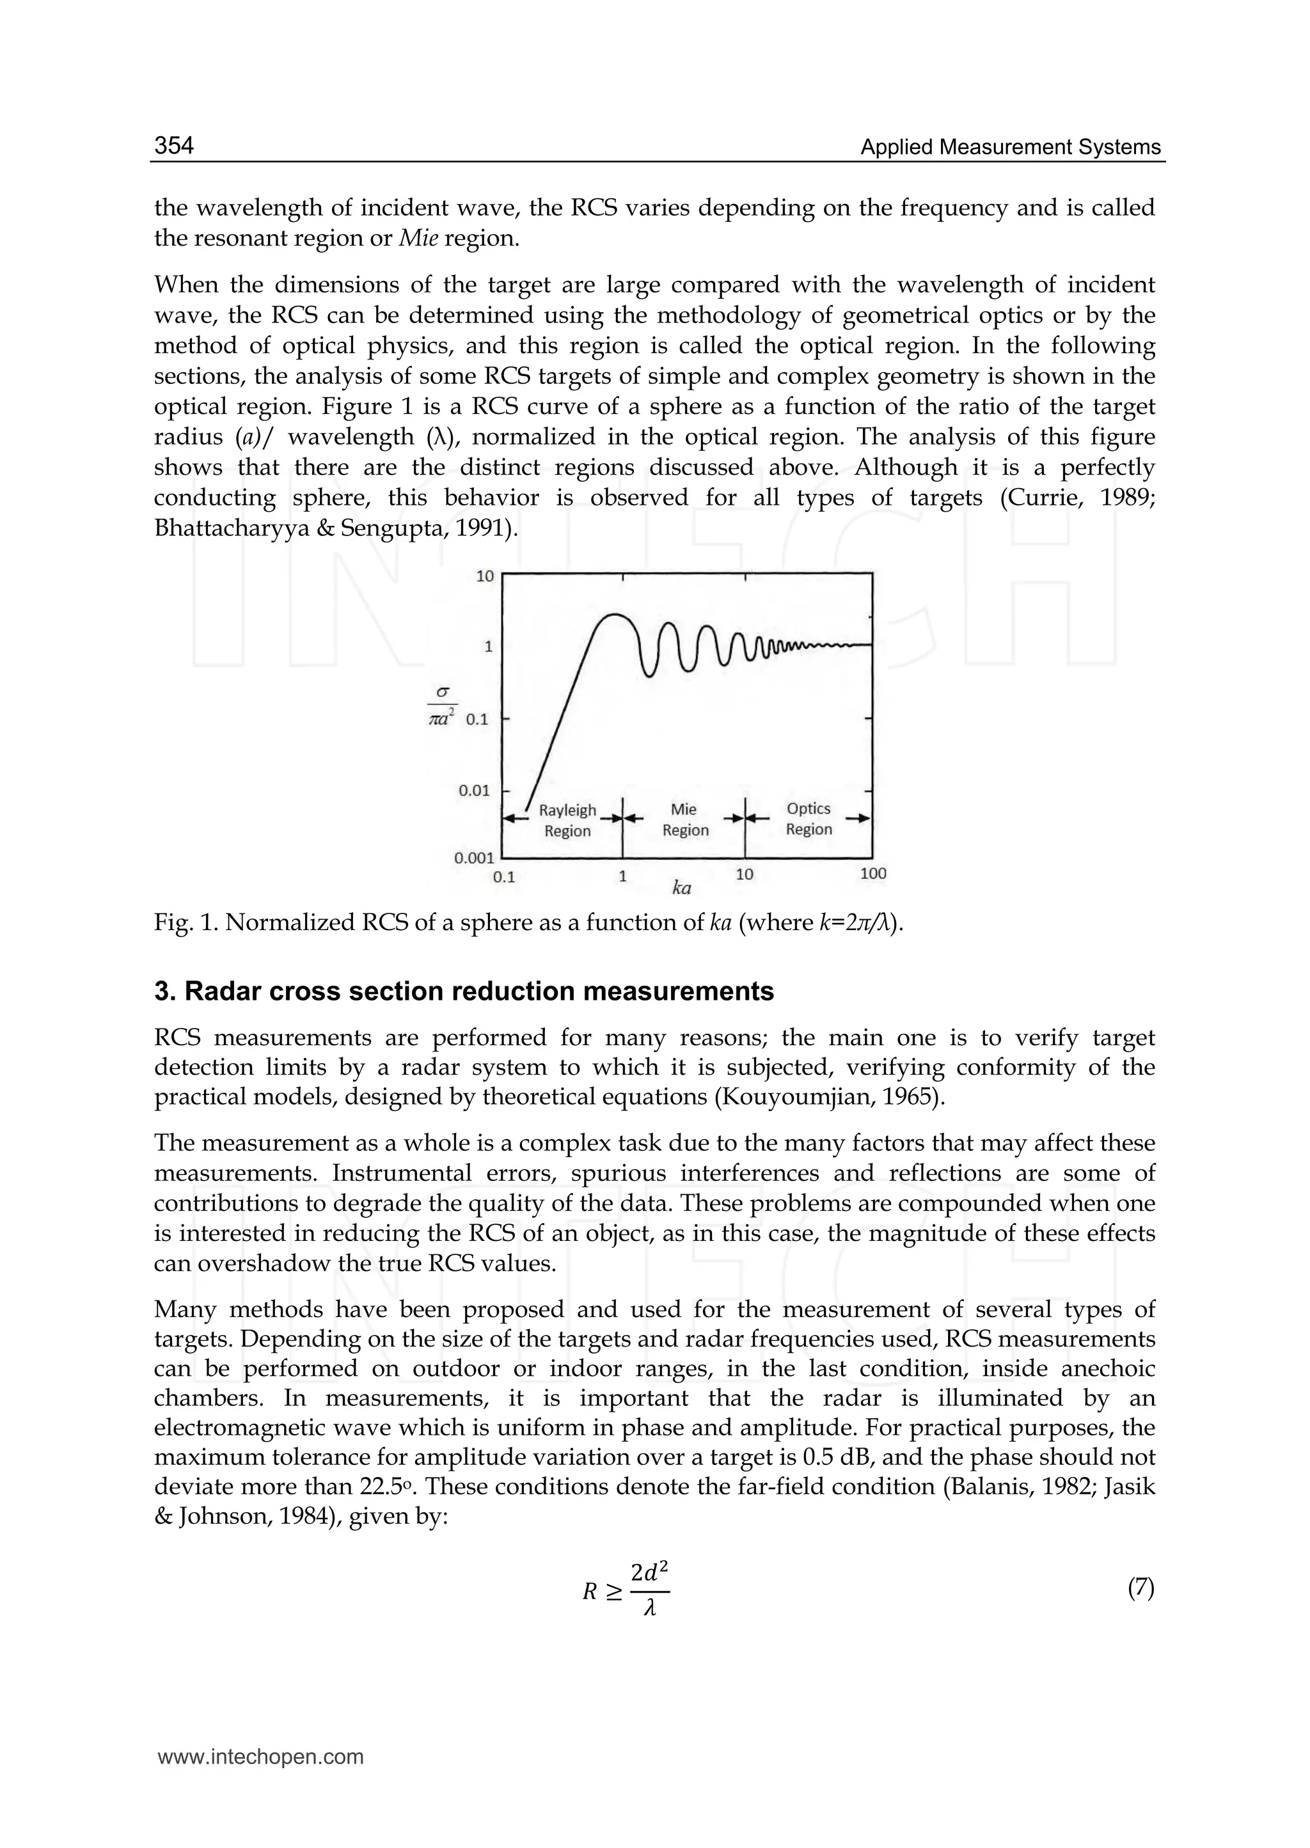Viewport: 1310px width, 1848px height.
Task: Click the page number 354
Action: (174, 145)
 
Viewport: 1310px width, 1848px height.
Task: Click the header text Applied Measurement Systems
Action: (1010, 147)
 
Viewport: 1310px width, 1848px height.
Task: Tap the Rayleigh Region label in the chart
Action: (567, 820)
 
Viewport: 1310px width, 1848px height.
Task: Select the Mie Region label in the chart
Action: (685, 819)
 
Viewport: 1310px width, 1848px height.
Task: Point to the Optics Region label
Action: (809, 819)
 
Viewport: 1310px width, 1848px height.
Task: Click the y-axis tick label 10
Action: (485, 576)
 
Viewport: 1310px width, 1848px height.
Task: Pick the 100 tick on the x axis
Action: (872, 874)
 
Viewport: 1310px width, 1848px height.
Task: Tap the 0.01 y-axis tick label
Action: (475, 791)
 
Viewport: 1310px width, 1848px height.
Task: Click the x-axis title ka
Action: (682, 889)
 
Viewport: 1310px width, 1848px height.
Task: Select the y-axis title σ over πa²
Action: (442, 705)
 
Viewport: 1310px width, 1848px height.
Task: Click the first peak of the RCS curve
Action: (615, 615)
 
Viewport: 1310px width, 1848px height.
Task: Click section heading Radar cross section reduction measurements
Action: (464, 991)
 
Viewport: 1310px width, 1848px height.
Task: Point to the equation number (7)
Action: (1140, 1588)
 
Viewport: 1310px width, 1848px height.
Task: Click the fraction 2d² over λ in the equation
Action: (649, 1590)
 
